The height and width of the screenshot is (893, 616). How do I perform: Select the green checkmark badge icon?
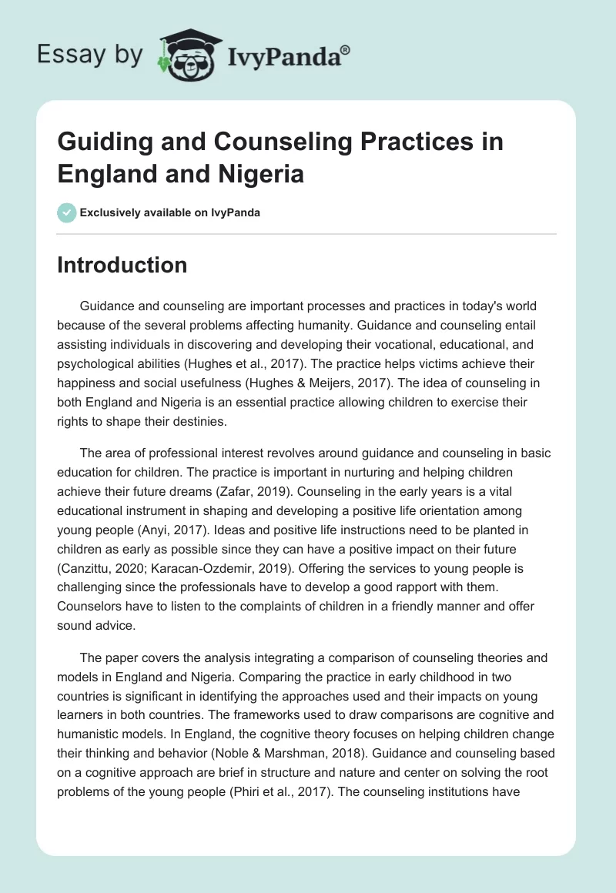[66, 212]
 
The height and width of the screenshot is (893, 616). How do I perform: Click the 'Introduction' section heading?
[122, 265]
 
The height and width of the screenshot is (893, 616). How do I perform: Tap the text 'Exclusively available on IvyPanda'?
[169, 212]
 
